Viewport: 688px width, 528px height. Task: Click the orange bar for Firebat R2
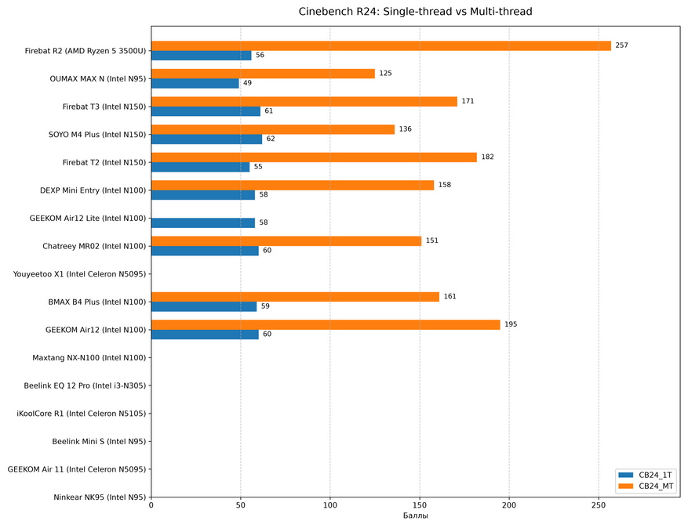coord(380,45)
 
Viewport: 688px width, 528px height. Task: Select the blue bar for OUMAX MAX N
coord(195,83)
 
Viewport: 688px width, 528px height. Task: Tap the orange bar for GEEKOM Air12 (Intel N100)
coord(326,324)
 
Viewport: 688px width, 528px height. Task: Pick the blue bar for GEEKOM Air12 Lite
coord(203,222)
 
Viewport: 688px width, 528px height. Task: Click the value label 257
coord(622,45)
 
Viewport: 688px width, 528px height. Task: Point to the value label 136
coord(405,128)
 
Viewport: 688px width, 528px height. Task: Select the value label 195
coord(511,324)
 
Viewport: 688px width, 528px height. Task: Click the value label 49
coord(247,83)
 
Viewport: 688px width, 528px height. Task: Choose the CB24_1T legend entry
coord(645,475)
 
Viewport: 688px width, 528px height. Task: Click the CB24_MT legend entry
coord(646,486)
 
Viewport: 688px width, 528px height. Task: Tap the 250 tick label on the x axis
coord(599,505)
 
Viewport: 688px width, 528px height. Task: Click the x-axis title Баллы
coord(416,515)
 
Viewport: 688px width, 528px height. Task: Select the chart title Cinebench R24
coord(416,12)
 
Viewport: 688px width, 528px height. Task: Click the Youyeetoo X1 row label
coord(79,274)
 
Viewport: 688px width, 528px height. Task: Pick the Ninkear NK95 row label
coord(100,497)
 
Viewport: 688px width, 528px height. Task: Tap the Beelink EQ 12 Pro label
coord(85,386)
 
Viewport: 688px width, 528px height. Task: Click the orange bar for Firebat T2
coord(314,157)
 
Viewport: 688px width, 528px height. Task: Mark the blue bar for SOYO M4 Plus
coord(206,139)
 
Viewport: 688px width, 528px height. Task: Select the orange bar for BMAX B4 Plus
coord(295,297)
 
